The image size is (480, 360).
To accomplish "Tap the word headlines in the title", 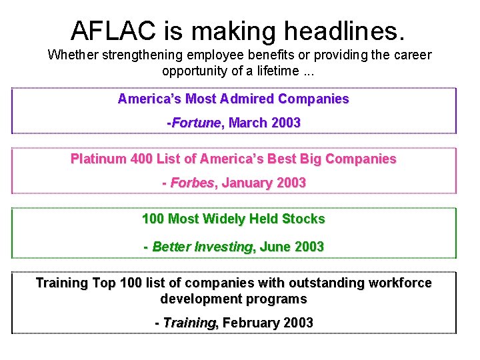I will pos(344,30).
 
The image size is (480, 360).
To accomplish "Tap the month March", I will pos(247,123).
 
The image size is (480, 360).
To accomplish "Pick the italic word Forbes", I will pos(193,183).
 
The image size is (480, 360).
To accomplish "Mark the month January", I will pos(248,183).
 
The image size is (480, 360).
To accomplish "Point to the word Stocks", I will pos(303,219).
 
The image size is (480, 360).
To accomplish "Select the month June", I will pos(275,247).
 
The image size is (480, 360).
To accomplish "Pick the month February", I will pos(251,323).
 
